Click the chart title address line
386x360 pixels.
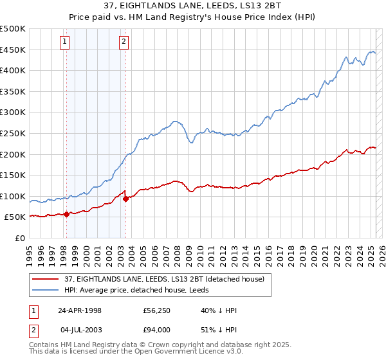[193, 5]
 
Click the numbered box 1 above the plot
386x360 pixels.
[66, 42]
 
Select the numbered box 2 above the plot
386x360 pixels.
[124, 42]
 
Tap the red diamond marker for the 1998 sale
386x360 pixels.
[66, 215]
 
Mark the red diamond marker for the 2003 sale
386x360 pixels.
[125, 199]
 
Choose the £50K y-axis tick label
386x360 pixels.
[15, 217]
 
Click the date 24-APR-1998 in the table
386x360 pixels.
[80, 310]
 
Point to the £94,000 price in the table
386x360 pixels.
[157, 330]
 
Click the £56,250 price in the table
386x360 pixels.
[157, 310]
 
